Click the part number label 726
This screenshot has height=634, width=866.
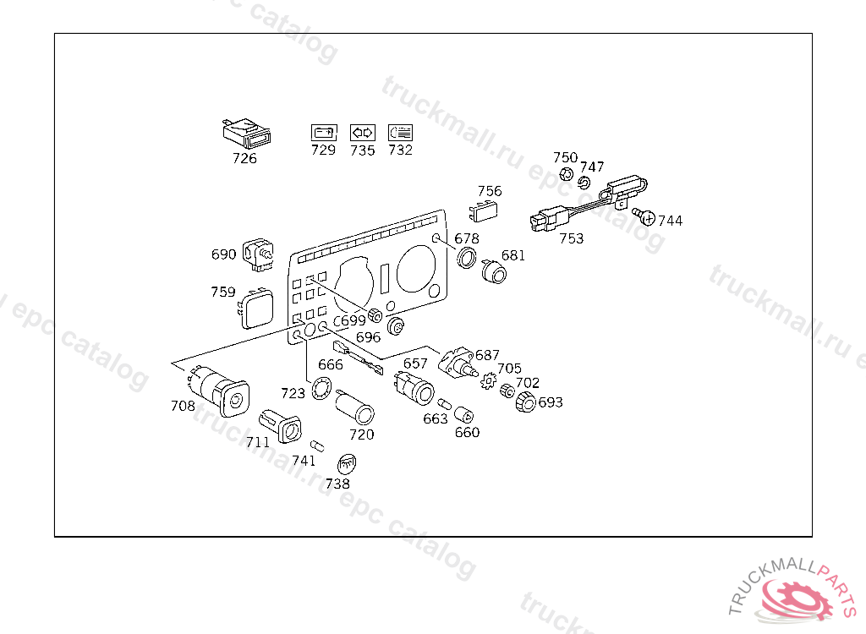point(244,158)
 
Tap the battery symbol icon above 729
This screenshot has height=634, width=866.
point(323,132)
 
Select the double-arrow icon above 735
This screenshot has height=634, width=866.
point(362,132)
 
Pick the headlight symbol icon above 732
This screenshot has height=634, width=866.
point(400,132)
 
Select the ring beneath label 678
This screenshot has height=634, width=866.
point(466,258)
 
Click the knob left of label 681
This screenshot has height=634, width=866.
point(492,272)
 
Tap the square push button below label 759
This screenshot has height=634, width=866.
point(255,309)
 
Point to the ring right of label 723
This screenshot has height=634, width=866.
point(321,390)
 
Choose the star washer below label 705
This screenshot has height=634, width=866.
point(488,384)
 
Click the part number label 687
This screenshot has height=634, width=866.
point(487,355)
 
